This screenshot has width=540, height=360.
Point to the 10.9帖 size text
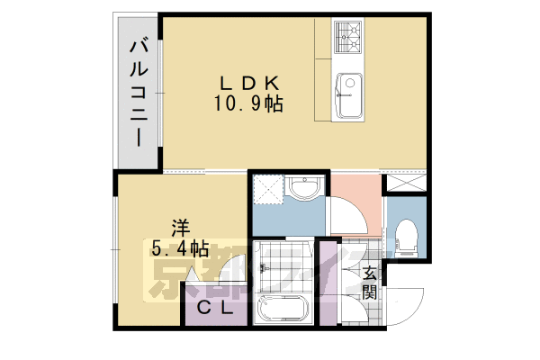pos(247,104)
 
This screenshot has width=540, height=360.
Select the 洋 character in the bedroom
pos(181,225)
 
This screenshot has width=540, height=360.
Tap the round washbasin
pos(305,188)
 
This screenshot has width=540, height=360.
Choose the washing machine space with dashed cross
pos(267,188)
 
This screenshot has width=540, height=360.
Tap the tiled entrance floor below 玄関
pos(369,310)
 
